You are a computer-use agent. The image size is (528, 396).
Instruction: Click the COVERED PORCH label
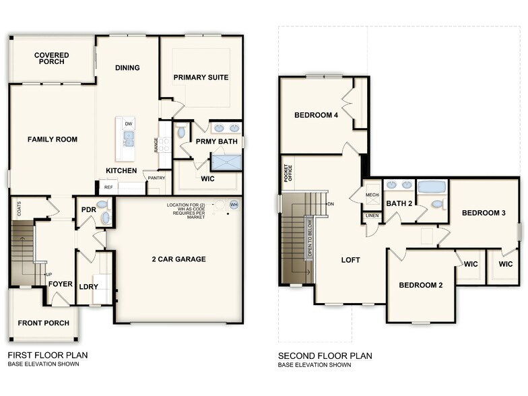[50, 58]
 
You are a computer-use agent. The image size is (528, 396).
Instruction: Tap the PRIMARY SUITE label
[201, 77]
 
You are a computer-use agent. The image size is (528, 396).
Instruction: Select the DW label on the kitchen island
[129, 123]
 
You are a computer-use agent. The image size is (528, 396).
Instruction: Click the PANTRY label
[156, 178]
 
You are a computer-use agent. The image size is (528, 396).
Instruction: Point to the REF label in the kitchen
[108, 188]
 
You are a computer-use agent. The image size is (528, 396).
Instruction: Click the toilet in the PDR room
[102, 205]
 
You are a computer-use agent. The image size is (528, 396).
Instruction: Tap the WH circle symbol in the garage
[234, 204]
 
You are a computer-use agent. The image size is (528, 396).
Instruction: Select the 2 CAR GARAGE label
[178, 259]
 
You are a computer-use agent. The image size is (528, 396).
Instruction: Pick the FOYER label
[60, 284]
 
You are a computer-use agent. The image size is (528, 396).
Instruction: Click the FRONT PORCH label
[43, 323]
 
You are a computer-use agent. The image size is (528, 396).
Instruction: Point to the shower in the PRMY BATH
[226, 162]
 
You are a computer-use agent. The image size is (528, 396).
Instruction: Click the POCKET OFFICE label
[288, 173]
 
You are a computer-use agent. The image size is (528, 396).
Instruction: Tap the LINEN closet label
[371, 216]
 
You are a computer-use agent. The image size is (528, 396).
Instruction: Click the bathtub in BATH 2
[431, 187]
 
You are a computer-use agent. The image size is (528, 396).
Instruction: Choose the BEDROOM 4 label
[317, 115]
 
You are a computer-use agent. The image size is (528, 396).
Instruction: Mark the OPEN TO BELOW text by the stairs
[310, 240]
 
